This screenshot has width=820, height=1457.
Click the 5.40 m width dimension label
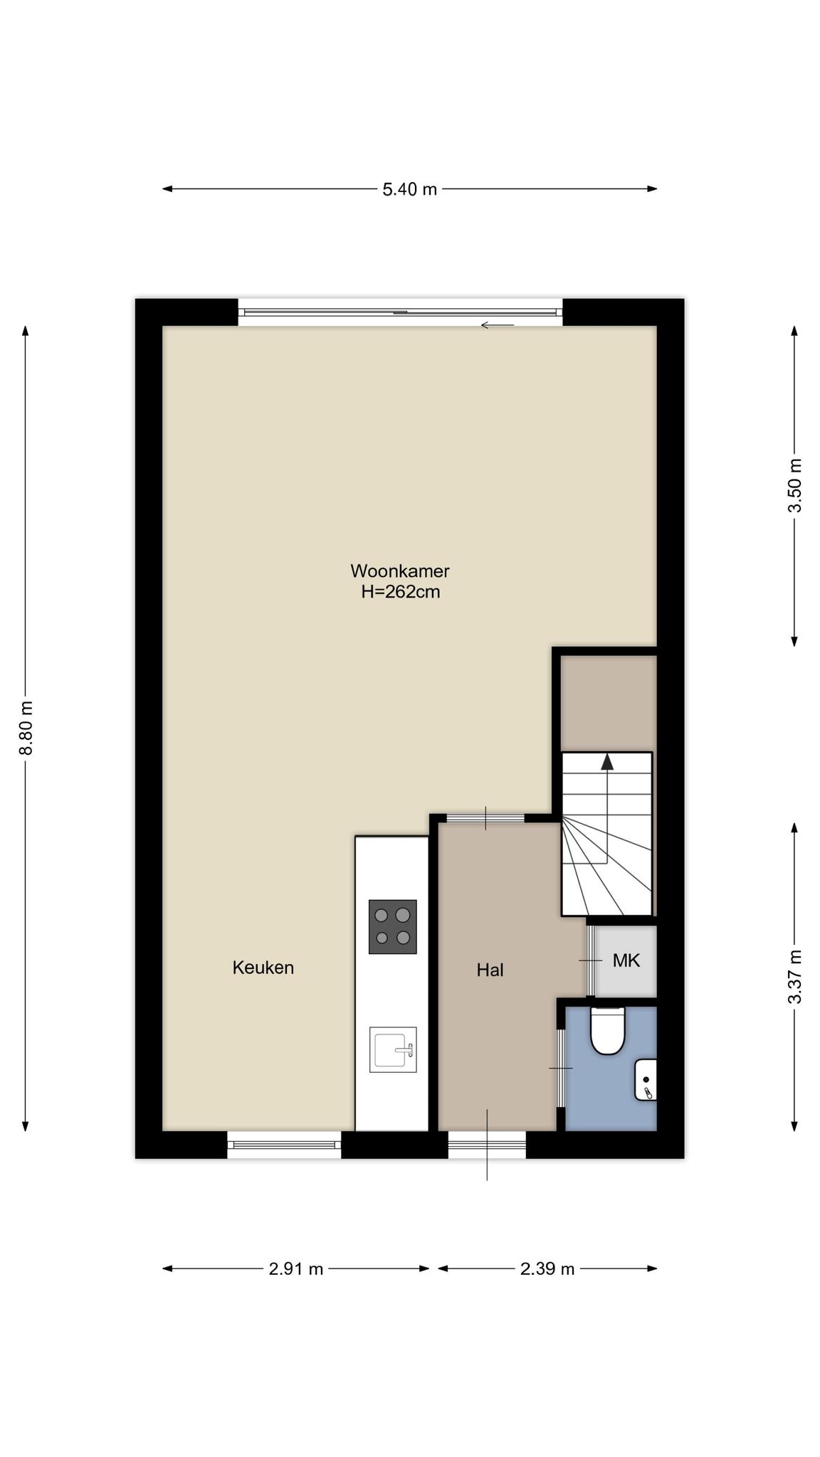click(x=409, y=189)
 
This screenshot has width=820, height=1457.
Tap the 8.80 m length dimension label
click(x=26, y=728)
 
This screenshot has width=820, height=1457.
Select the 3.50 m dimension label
click(x=794, y=485)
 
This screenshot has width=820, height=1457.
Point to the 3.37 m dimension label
click(x=794, y=977)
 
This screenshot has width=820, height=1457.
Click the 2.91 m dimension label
click(x=296, y=1268)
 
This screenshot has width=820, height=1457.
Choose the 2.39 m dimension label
click(x=547, y=1268)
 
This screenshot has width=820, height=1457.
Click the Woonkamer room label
click(x=400, y=571)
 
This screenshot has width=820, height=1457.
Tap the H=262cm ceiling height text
click(x=400, y=591)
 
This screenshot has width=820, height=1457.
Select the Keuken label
click(x=263, y=968)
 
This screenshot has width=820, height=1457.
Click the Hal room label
click(x=490, y=970)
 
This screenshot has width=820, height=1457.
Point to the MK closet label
click(x=626, y=960)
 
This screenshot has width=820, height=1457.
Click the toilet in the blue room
click(x=608, y=1030)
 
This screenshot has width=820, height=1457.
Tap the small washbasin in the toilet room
click(x=646, y=1079)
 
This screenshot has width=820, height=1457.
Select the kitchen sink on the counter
click(x=393, y=1049)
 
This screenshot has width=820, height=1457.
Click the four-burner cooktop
click(x=392, y=927)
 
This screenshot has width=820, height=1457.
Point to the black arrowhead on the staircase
click(x=607, y=762)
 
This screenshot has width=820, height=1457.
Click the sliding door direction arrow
click(x=497, y=325)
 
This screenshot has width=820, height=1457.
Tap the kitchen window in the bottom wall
click(x=284, y=1145)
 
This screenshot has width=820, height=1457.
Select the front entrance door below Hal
click(x=487, y=1145)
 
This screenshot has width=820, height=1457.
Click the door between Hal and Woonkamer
click(x=485, y=818)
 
